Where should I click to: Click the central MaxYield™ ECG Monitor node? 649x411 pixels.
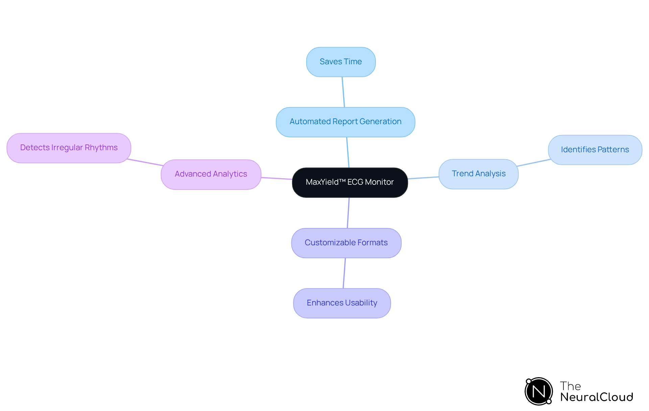(x=350, y=182)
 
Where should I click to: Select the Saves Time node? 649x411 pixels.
(x=341, y=62)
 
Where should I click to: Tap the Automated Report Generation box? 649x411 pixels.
(x=345, y=122)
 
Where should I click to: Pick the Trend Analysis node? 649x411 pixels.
(x=478, y=174)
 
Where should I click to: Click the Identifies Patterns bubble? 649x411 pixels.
(x=595, y=150)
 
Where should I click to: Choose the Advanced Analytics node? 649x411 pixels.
(x=211, y=174)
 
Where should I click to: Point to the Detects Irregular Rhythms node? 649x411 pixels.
(x=69, y=148)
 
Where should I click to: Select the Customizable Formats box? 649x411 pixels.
(x=346, y=243)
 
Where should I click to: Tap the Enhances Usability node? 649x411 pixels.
(x=342, y=303)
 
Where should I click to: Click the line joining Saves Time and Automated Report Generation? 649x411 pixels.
(x=343, y=92)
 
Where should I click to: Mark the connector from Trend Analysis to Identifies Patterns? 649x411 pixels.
(x=533, y=163)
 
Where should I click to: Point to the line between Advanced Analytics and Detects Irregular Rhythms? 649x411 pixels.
(x=145, y=162)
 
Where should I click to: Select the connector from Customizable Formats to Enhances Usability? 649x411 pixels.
(x=344, y=273)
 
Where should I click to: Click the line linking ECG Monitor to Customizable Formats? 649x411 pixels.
(x=348, y=213)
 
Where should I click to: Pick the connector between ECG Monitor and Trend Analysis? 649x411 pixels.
(x=423, y=178)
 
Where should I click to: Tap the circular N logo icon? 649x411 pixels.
(x=539, y=391)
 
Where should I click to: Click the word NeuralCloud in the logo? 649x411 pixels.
(x=597, y=397)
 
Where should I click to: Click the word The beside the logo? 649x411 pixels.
(x=570, y=386)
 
